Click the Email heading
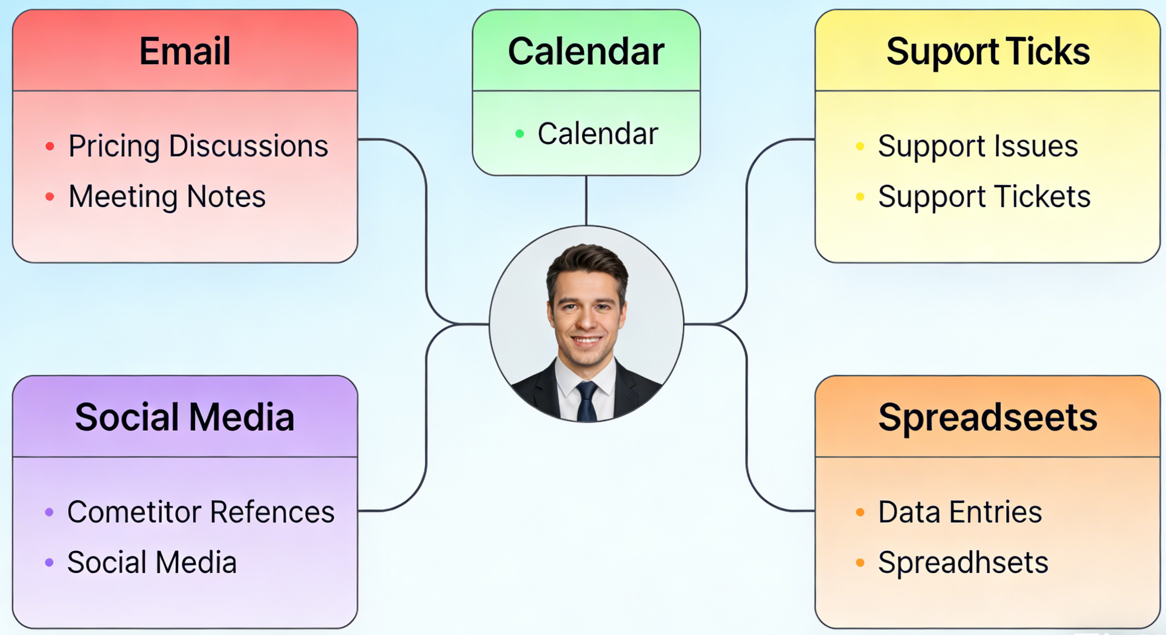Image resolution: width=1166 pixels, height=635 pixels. tap(185, 51)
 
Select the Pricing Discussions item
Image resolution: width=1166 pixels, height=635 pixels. tap(198, 146)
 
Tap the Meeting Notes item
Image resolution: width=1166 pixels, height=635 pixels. tap(167, 197)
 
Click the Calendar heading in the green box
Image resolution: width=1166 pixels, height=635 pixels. tap(586, 51)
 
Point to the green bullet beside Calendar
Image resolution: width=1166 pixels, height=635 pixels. tap(519, 133)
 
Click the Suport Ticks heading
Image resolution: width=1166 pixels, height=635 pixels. tap(988, 52)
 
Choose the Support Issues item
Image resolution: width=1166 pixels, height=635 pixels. tap(978, 146)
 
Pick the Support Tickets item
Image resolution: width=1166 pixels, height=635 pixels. tap(984, 197)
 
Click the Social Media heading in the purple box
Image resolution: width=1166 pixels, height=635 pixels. tap(185, 417)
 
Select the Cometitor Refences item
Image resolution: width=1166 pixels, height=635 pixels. tap(201, 512)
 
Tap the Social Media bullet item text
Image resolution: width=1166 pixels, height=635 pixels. tap(152, 562)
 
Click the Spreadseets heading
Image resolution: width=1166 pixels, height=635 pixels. tap(988, 418)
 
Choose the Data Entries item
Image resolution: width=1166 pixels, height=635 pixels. tap(960, 512)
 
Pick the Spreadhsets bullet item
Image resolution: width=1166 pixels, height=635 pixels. tap(963, 563)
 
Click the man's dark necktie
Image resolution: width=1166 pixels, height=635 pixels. tap(587, 401)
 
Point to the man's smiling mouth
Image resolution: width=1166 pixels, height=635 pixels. tap(587, 340)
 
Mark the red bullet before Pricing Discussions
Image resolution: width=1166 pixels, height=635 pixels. tap(50, 146)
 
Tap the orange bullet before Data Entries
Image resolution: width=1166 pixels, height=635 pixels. tap(860, 512)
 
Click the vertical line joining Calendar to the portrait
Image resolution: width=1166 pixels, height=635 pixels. tap(586, 200)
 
